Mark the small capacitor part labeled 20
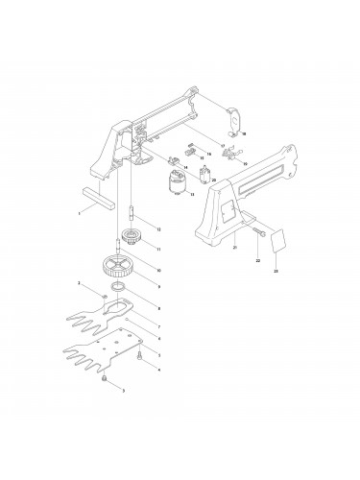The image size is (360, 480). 204,174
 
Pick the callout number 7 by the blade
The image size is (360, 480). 157,326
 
